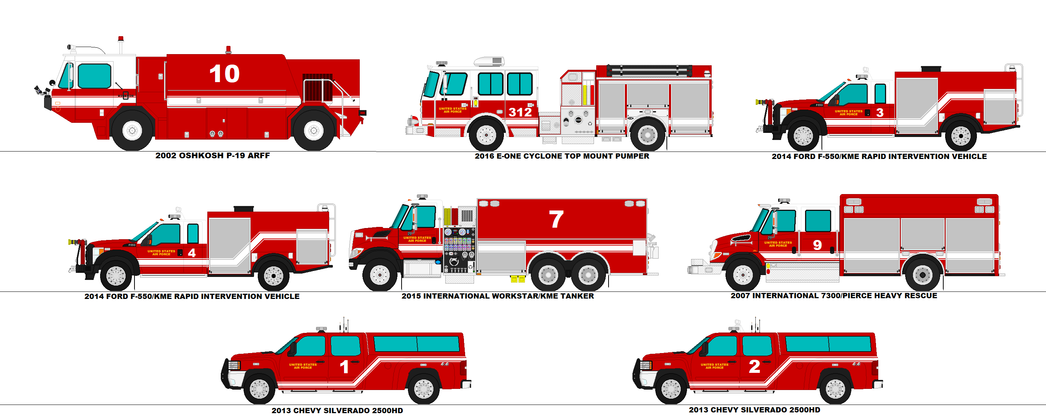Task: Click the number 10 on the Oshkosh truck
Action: pyautogui.click(x=224, y=74)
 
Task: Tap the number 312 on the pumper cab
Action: pyautogui.click(x=520, y=112)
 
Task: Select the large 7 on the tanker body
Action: pyautogui.click(x=556, y=219)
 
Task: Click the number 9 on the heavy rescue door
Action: pyautogui.click(x=817, y=245)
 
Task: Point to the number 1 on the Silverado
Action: pyautogui.click(x=344, y=367)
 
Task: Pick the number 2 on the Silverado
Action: pyautogui.click(x=755, y=366)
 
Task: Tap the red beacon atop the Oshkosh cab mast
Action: pyautogui.click(x=121, y=39)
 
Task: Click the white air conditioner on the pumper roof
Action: pyautogui.click(x=489, y=62)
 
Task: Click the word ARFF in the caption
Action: pyautogui.click(x=259, y=155)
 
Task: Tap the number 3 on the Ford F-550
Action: pyautogui.click(x=879, y=112)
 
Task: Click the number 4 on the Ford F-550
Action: pyautogui.click(x=192, y=253)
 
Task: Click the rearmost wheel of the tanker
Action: pyautogui.click(x=588, y=275)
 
